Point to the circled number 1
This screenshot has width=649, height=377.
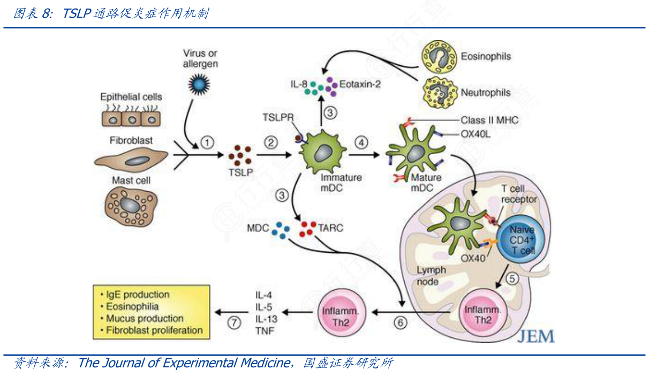[x=207, y=142]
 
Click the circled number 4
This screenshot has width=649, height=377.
[x=363, y=142]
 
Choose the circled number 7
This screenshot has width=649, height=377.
[x=234, y=322]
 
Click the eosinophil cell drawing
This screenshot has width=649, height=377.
[x=437, y=56]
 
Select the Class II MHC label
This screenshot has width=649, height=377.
[x=489, y=120]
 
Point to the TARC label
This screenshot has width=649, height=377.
[x=331, y=228]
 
